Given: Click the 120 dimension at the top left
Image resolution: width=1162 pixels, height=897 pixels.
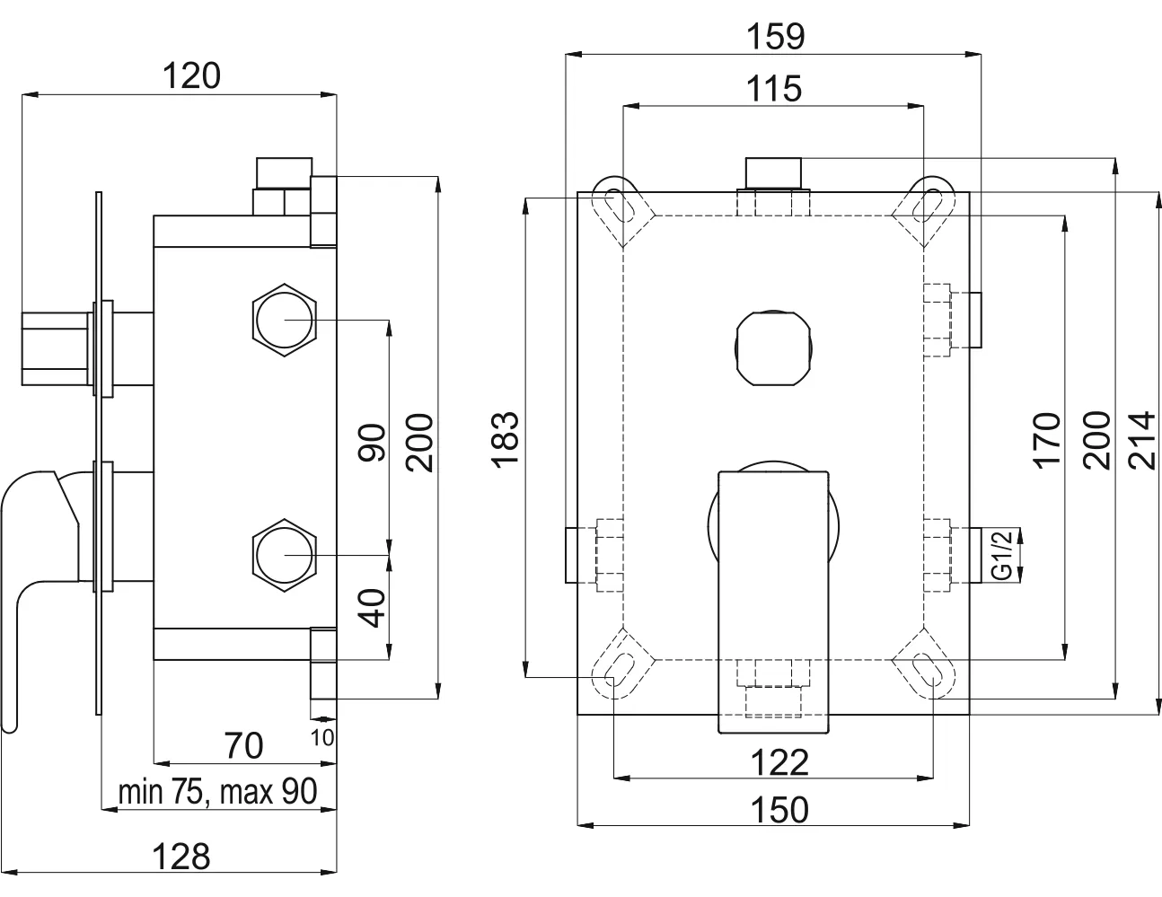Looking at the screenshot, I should coord(190,76).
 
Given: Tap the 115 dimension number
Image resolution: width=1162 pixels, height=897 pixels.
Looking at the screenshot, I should coord(776,89).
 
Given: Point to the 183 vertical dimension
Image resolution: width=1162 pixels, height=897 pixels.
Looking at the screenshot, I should coord(507,439).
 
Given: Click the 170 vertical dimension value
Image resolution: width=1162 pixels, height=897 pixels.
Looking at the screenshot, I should coord(1047,439).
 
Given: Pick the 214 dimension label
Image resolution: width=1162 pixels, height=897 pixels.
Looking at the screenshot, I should coord(1140,439).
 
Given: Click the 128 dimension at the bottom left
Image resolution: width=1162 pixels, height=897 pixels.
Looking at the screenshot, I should coord(180,856).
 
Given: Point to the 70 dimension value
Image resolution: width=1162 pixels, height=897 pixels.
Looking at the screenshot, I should coord(243,745).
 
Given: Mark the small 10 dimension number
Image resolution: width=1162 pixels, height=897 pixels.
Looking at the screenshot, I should coord(324,737).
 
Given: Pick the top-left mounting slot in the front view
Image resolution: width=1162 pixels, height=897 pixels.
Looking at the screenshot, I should coord(617,206).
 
